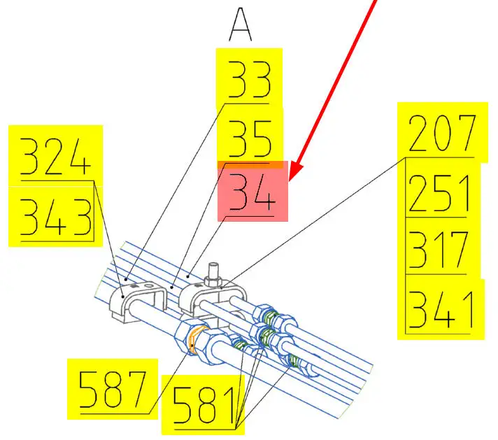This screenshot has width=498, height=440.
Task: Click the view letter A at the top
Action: pyautogui.click(x=241, y=24)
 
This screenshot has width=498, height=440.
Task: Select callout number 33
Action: pyautogui.click(x=249, y=80)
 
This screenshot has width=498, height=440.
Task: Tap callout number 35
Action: pyautogui.click(x=250, y=139)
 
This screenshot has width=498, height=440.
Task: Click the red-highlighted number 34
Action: pyautogui.click(x=252, y=192)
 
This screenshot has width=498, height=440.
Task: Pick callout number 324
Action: pyautogui.click(x=55, y=156)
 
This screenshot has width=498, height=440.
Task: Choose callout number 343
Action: pyautogui.click(x=56, y=217)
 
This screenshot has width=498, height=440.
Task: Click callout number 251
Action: pyautogui.click(x=439, y=193)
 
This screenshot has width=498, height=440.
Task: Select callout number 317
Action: pyautogui.click(x=439, y=250)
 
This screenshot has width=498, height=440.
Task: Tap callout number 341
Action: pyautogui.click(x=441, y=309)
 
